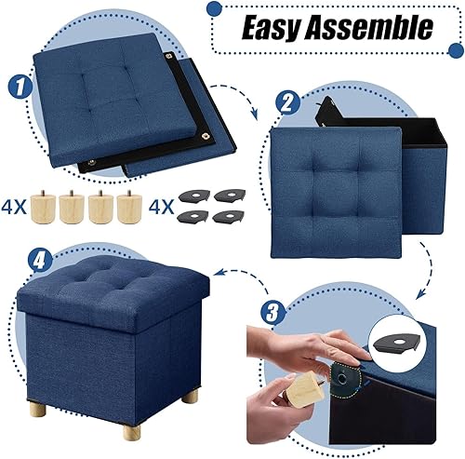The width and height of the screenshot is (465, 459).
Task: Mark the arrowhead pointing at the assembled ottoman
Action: coord(217,271)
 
